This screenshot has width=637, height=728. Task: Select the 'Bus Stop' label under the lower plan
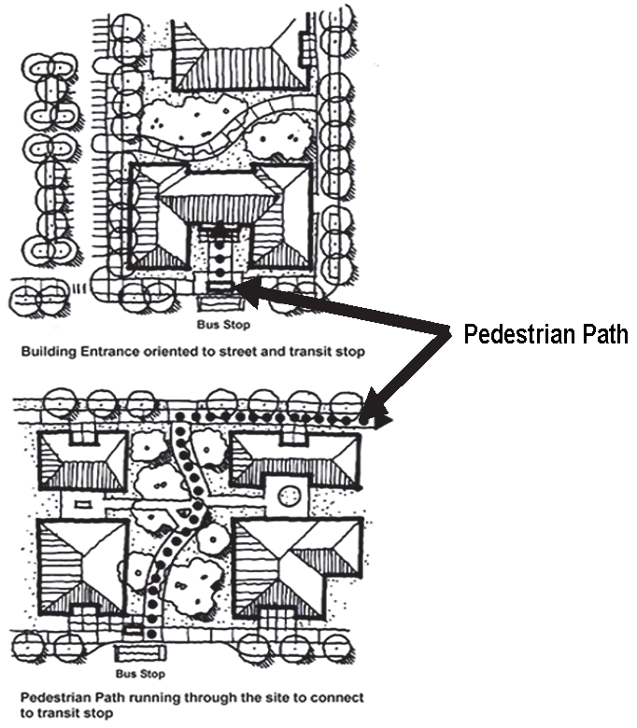pyautogui.click(x=140, y=674)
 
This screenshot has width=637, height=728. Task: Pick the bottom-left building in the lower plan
pyautogui.click(x=82, y=565)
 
